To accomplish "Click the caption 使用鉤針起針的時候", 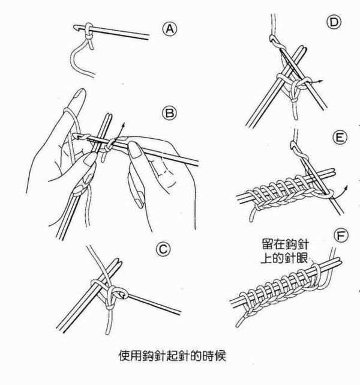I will click(172, 355).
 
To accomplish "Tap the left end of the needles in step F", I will click(234, 298).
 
